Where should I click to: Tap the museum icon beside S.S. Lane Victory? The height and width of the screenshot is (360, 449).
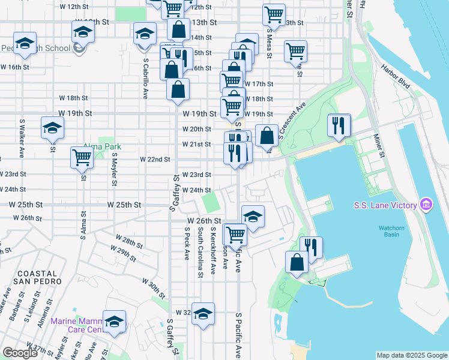pyautogui.click(x=426, y=205)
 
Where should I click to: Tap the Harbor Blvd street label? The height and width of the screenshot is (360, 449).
pyautogui.click(x=395, y=77)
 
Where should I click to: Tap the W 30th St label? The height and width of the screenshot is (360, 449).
pyautogui.click(x=154, y=286)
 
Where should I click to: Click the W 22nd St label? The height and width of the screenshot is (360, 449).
pyautogui.click(x=155, y=160)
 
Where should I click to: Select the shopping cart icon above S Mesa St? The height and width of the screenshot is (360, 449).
pyautogui.click(x=274, y=14)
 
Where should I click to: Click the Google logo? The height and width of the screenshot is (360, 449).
pyautogui.click(x=20, y=353)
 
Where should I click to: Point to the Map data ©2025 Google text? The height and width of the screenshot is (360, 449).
pyautogui.click(x=411, y=355)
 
